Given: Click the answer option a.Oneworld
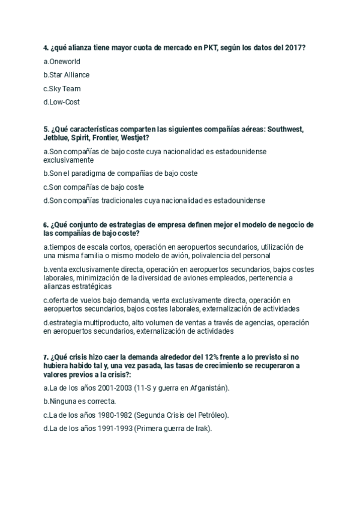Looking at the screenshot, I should [x=62, y=61].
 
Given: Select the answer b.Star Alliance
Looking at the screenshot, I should [x=67, y=75].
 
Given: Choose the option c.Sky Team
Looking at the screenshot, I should [x=62, y=89].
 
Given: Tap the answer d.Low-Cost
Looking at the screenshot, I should [x=62, y=102].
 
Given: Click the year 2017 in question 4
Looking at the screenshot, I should [x=293, y=47].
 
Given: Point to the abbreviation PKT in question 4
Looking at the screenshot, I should [x=209, y=47].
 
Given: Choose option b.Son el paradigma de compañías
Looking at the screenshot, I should [x=121, y=173].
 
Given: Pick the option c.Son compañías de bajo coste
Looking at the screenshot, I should [x=94, y=187].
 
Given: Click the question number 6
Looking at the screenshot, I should [x=46, y=225].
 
